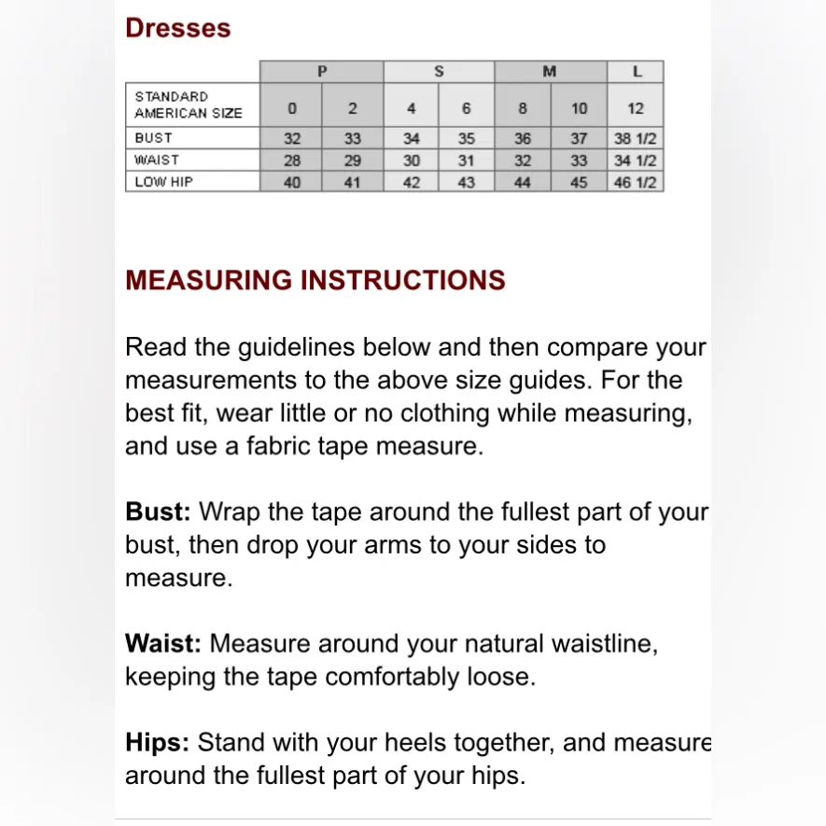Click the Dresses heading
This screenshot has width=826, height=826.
point(177,28)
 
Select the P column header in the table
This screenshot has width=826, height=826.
point(322,72)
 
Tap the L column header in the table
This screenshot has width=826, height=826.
point(636,72)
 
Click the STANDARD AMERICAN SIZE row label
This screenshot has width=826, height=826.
point(189,105)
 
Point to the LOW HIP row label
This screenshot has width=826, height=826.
point(163,182)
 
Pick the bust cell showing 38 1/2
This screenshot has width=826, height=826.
point(636,138)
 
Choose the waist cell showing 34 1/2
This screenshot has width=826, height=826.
point(636,161)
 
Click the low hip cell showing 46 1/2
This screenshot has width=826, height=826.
point(636,182)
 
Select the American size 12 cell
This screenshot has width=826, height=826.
point(636,108)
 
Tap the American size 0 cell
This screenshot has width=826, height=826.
point(292,108)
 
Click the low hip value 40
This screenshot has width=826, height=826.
point(292,182)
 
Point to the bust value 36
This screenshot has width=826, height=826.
point(523,138)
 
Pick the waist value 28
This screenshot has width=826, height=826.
point(292,161)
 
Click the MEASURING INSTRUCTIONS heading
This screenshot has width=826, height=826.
point(315,280)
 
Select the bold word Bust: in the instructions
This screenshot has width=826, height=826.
point(158,512)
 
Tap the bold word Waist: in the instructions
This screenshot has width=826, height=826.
point(163,644)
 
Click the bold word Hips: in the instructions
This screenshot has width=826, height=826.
point(157,743)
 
